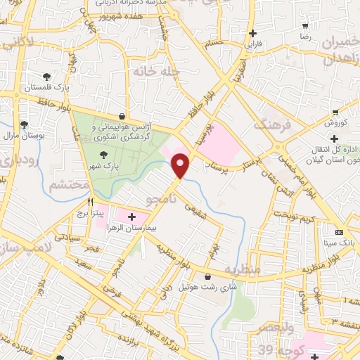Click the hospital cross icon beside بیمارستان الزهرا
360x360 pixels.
coord(131,217)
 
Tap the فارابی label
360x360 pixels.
coord(252,44)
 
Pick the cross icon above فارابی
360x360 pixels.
coord(252,33)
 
